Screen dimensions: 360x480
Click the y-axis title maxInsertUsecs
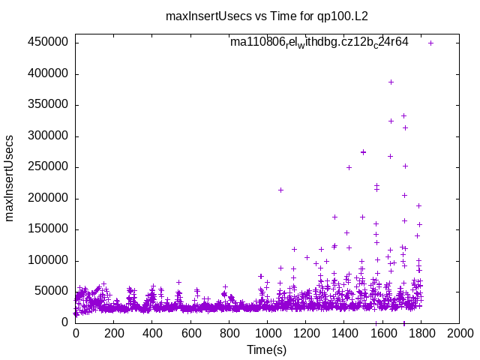coord(10,178)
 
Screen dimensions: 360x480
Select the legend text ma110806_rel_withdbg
coord(319,43)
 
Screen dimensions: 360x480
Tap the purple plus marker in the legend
coord(431,43)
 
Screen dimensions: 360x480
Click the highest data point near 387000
coord(391,82)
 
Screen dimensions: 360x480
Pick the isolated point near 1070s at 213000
coord(280,190)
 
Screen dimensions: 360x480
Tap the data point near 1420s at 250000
coord(349,167)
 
